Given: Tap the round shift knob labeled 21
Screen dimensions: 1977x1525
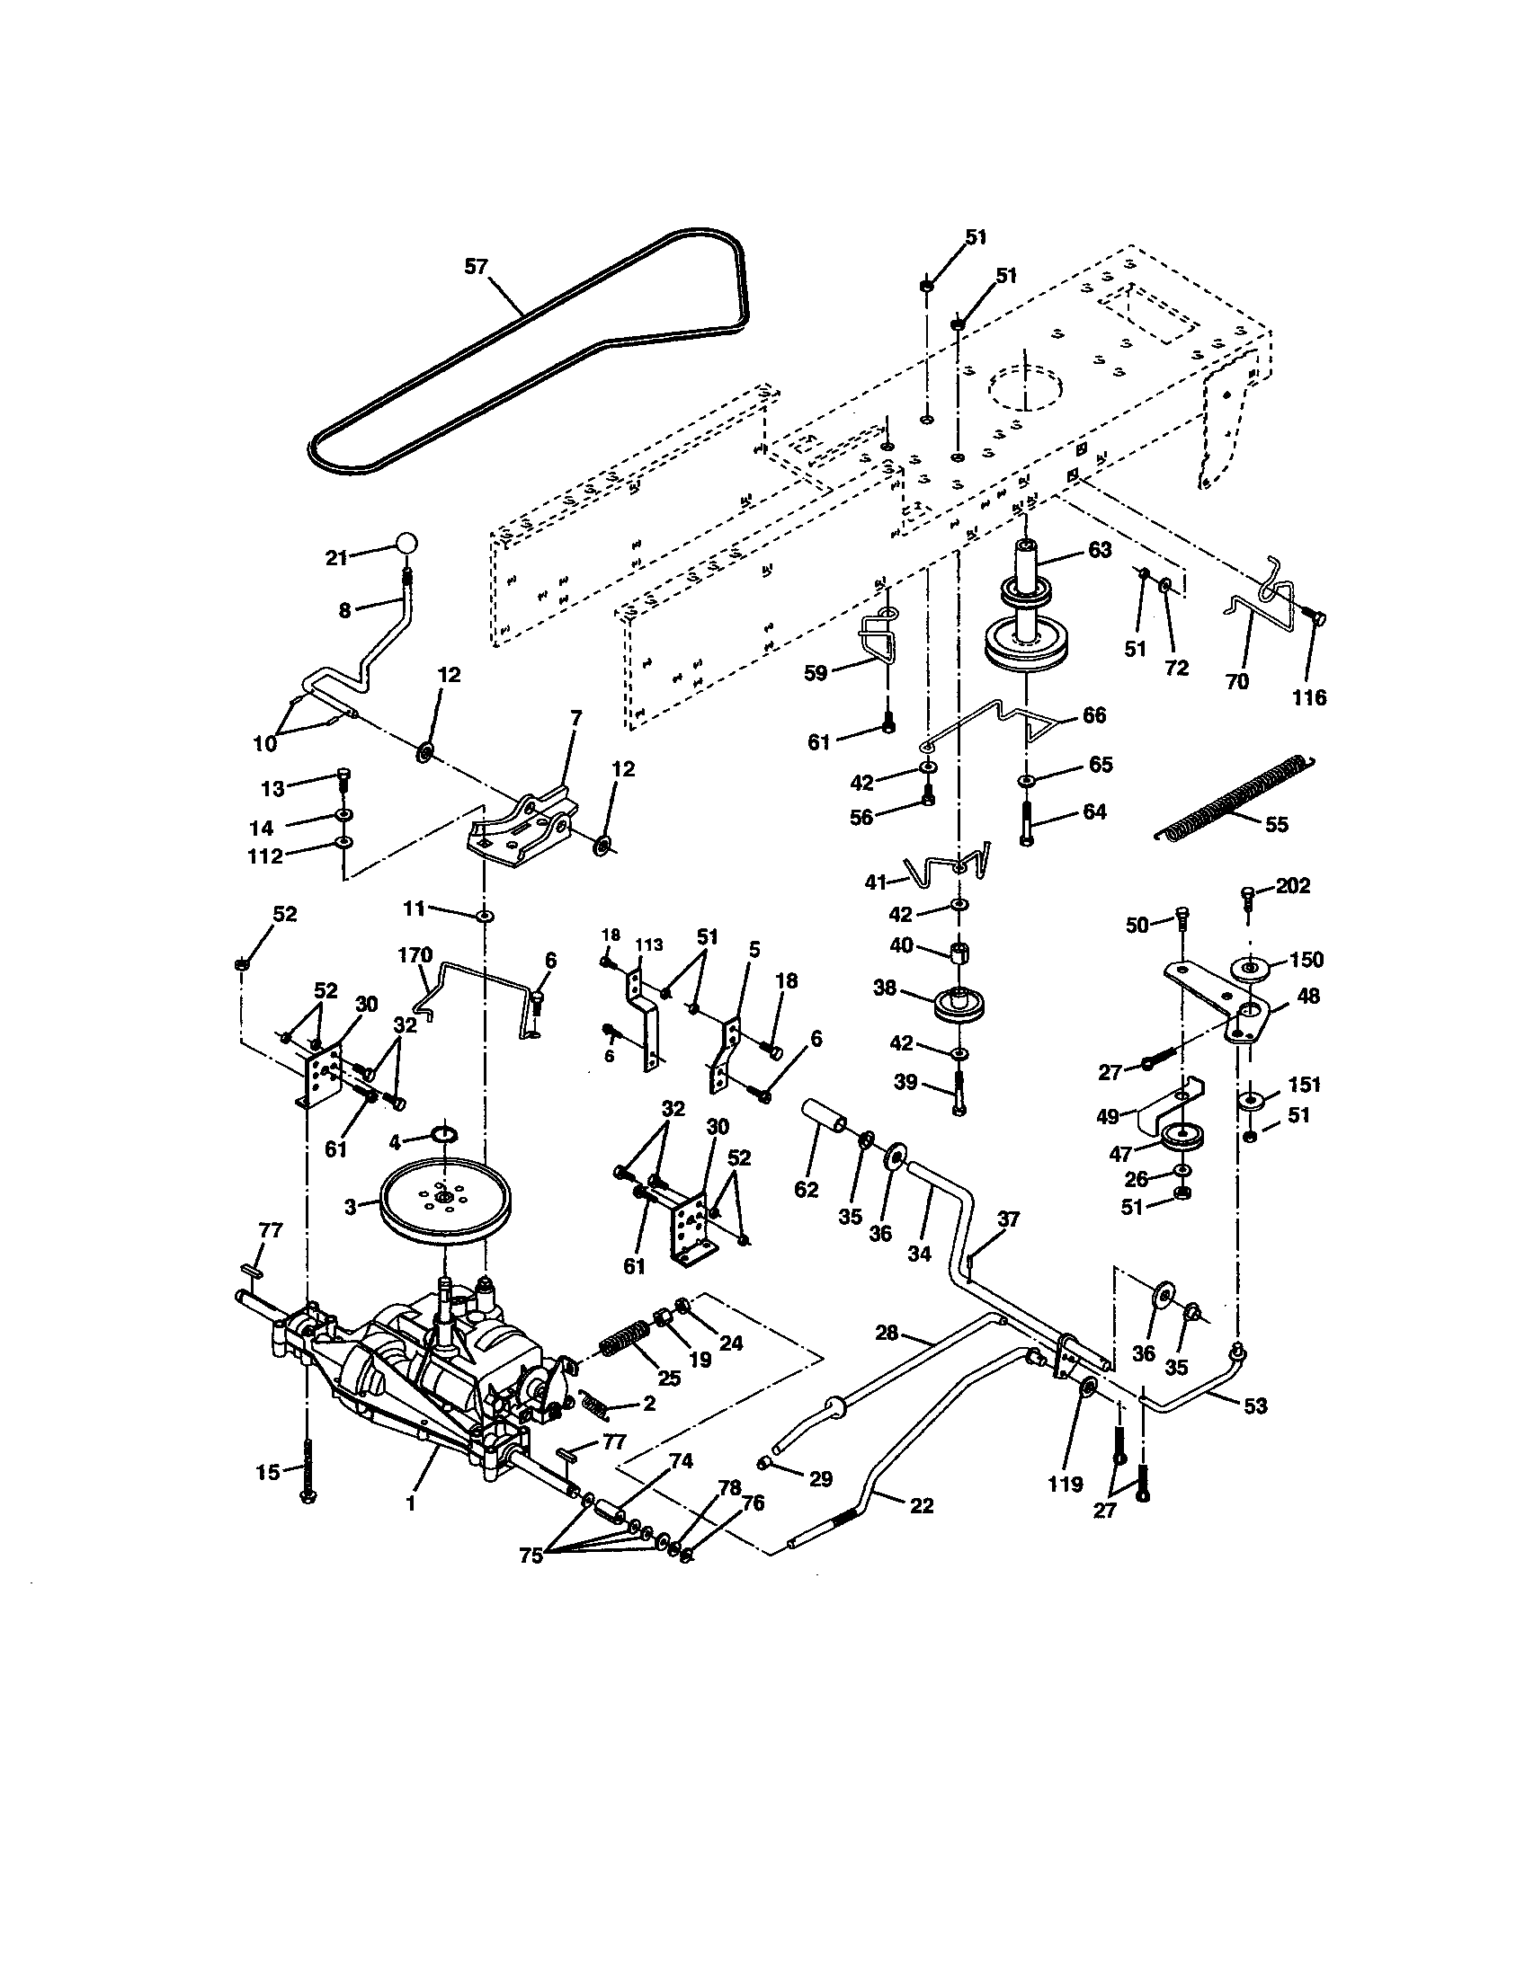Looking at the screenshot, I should [407, 544].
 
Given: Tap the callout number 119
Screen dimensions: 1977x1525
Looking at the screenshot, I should [1065, 1484].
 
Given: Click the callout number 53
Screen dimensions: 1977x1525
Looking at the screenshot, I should [1255, 1405].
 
